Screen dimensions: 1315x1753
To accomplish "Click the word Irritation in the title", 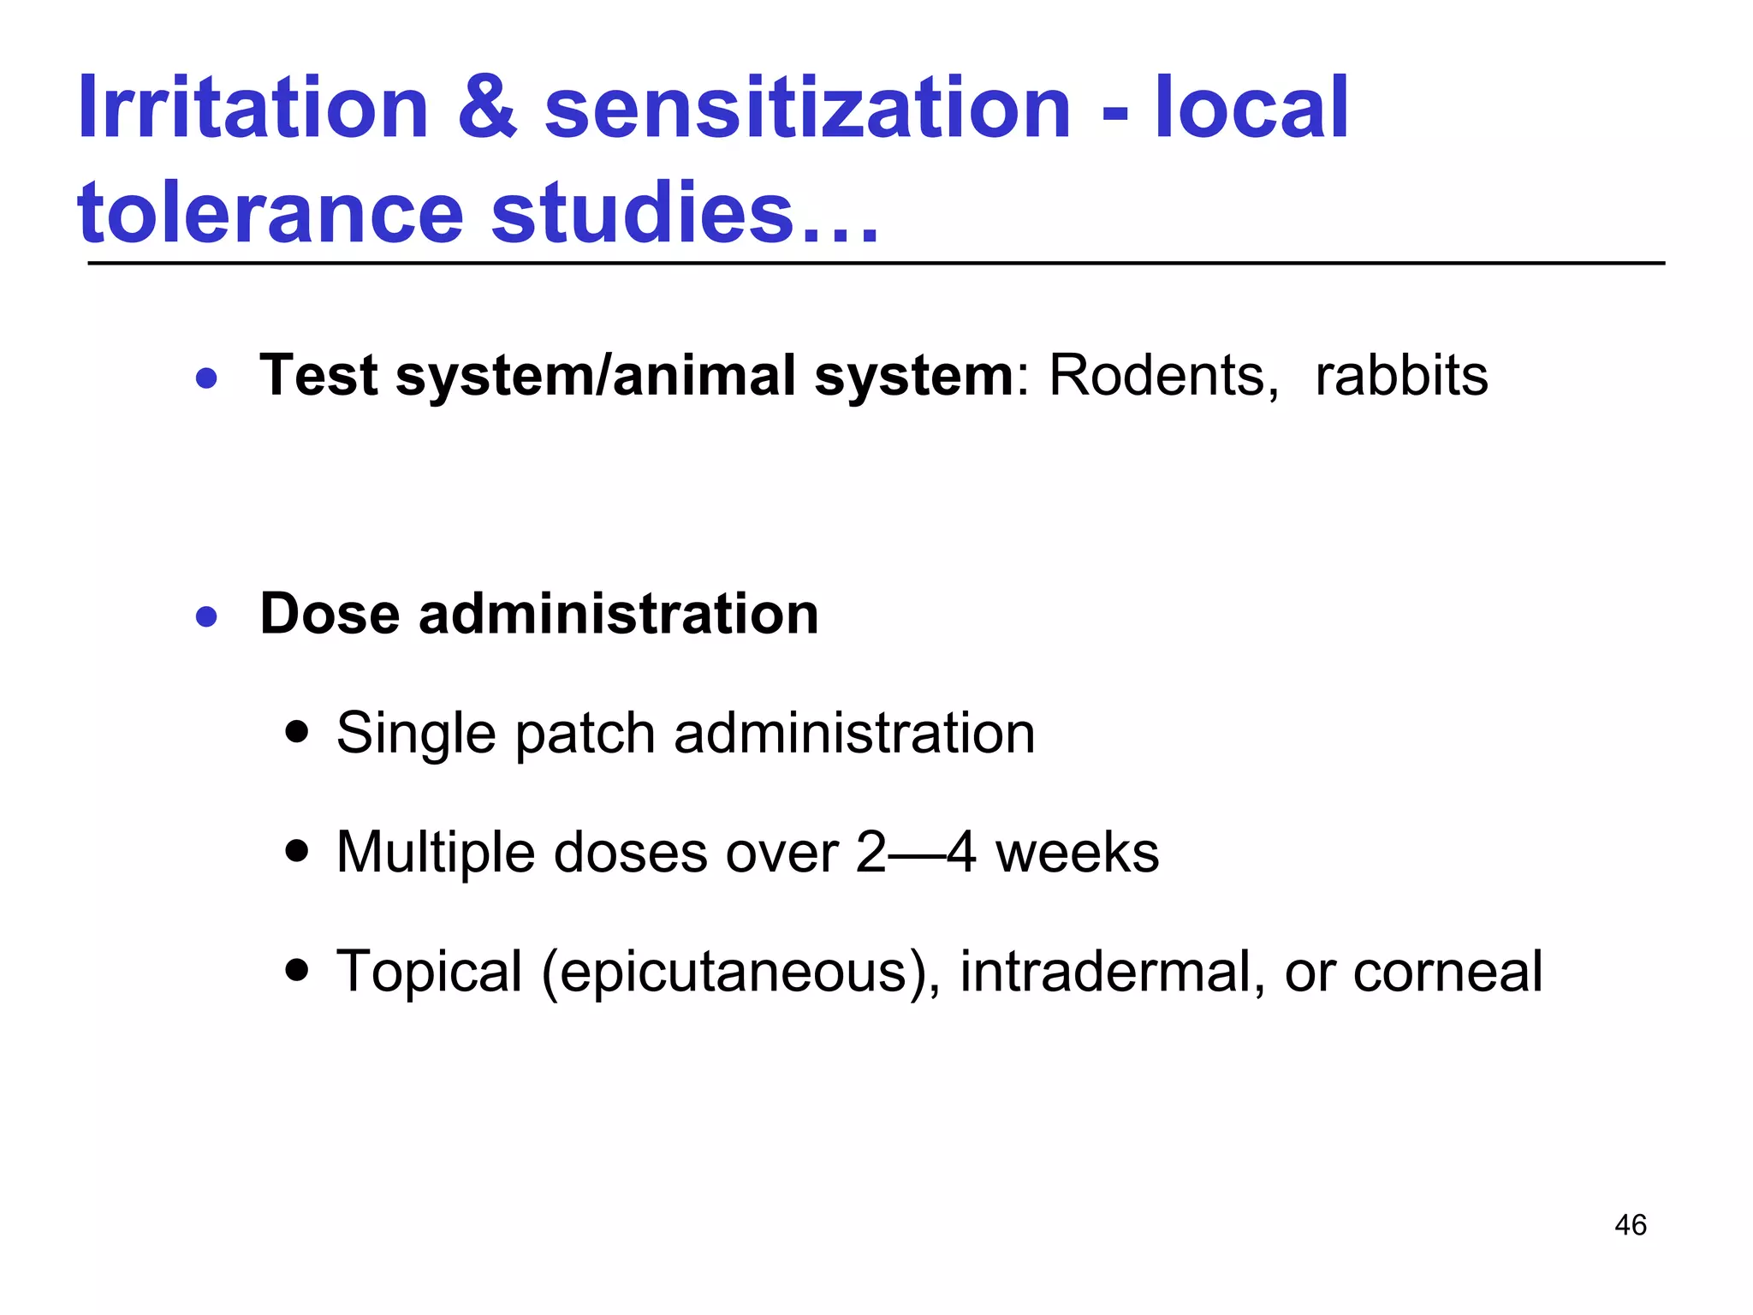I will coord(253,109).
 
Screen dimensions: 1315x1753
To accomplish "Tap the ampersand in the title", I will coord(487,109).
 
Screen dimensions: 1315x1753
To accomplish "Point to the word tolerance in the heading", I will coord(270,214).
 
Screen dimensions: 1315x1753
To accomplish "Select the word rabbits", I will coord(1401,376).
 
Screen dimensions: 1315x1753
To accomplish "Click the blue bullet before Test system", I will coord(206,378).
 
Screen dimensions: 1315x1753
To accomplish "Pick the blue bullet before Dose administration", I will coord(206,616).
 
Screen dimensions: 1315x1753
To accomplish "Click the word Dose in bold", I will coord(330,615).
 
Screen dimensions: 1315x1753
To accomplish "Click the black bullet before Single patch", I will coord(297,733).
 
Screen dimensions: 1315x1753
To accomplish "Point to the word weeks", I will coord(1077,853).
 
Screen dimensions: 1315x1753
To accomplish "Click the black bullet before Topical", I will coord(297,971).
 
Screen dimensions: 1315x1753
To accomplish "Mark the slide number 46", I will coord(1630,1225).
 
